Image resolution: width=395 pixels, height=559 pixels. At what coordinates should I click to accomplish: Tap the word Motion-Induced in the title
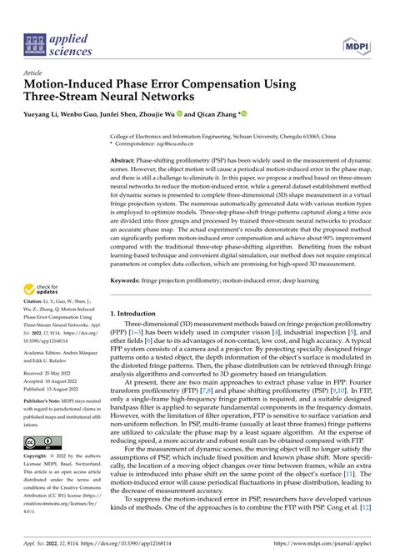[70, 85]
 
